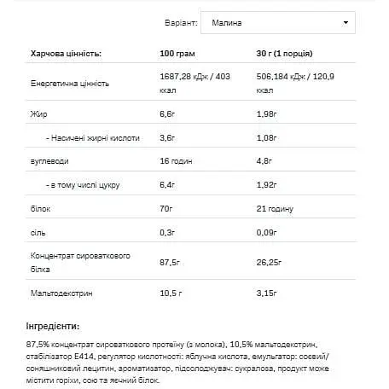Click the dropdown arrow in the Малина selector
click(345, 23)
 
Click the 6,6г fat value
click(168, 113)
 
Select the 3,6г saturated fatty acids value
click(168, 136)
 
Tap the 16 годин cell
click(176, 160)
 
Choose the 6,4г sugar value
click(168, 183)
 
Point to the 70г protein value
click(166, 206)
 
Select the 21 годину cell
click(275, 206)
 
